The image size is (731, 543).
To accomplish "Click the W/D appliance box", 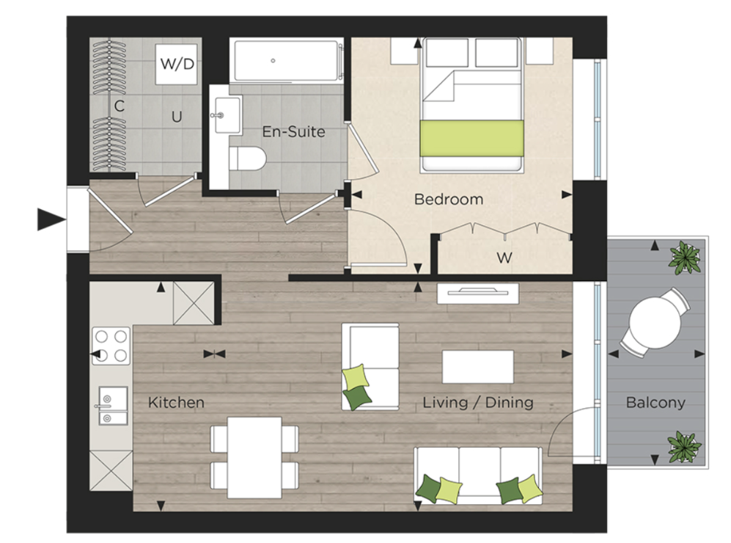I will coord(177,64).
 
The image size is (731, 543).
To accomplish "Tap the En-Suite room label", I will coord(293,133).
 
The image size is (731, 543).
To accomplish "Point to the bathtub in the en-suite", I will coord(287,62).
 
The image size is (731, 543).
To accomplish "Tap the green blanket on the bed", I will coord(471,137).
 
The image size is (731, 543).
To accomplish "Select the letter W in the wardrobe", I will coord(504,258).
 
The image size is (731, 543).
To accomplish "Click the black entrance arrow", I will coord(50,219).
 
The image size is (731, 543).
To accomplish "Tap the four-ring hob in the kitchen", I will coord(111,346).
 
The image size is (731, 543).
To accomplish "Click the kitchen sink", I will coord(111,405).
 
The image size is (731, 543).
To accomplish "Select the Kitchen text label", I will coord(176,402).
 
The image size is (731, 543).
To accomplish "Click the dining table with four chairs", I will coord(254,456).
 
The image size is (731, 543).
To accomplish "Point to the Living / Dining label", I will coord(477,402).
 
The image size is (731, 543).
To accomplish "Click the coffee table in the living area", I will coord(477,365).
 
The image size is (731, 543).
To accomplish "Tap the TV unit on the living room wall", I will coord(478,293).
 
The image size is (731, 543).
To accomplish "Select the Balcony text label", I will coord(655,402).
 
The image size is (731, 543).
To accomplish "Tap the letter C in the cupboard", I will coord(118,106).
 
